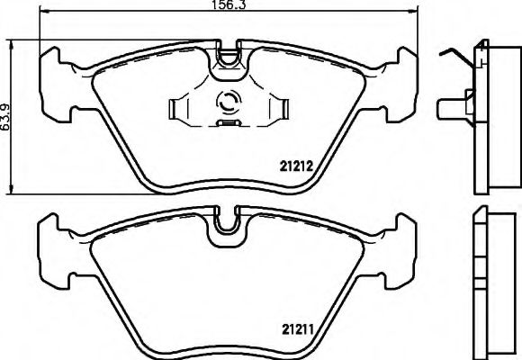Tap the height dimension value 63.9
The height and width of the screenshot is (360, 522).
tap(6, 114)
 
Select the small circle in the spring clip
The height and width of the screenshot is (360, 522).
tap(229, 103)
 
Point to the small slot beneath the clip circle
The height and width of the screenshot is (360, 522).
tap(229, 120)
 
